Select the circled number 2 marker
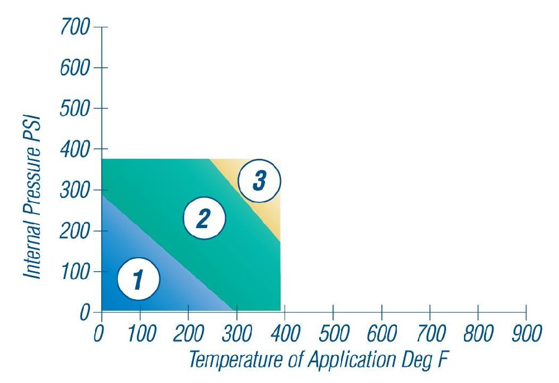[205, 219]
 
